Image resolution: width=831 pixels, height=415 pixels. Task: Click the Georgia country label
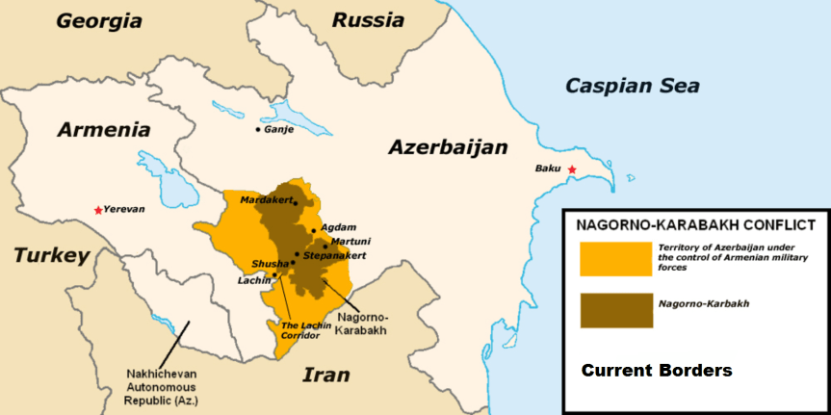click(99, 20)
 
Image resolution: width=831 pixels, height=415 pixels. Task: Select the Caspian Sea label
click(632, 86)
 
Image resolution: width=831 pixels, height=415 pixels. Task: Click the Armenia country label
click(103, 130)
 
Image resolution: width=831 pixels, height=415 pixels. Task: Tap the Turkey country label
click(50, 255)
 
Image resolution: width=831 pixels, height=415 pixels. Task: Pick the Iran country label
click(327, 375)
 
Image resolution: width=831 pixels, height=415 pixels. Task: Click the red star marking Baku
click(572, 170)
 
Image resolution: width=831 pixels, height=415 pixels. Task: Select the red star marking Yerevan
click(97, 209)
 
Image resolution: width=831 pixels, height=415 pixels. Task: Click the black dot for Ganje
click(258, 129)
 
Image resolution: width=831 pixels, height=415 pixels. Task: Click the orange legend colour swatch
click(615, 259)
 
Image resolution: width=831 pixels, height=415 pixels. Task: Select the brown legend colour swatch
click(615, 309)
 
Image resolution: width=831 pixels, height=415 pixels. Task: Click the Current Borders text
click(656, 370)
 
